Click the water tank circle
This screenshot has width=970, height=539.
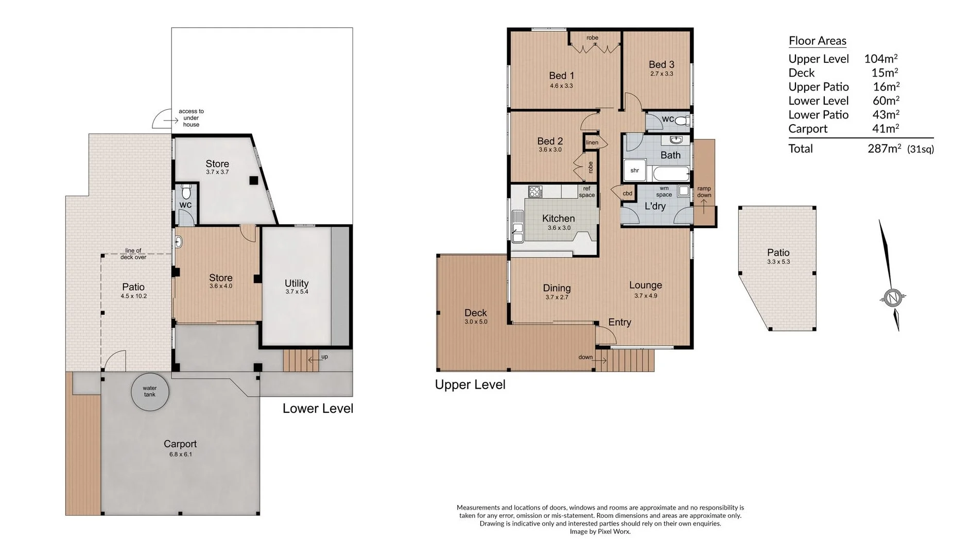point(149,392)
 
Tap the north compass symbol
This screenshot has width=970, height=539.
point(892,297)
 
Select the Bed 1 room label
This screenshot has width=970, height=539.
point(561,76)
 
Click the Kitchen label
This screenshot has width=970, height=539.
point(558,218)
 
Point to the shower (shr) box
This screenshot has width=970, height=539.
point(634,171)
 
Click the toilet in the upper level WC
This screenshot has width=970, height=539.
point(682,121)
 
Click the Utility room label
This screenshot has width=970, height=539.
point(297,283)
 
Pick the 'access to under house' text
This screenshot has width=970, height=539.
point(191,118)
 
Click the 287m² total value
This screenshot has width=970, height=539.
point(884,149)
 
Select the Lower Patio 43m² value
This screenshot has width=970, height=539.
point(886,115)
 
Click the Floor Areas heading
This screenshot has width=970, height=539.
point(817,41)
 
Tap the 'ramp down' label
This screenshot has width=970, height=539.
point(704,192)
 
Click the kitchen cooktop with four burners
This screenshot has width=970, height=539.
point(535,192)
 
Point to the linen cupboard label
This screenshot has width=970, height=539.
point(592,143)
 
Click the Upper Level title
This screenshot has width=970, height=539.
point(470,384)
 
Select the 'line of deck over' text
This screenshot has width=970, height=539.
point(133,254)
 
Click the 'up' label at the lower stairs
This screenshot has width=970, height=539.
point(324,357)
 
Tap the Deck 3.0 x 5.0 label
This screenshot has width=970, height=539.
point(475,316)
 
